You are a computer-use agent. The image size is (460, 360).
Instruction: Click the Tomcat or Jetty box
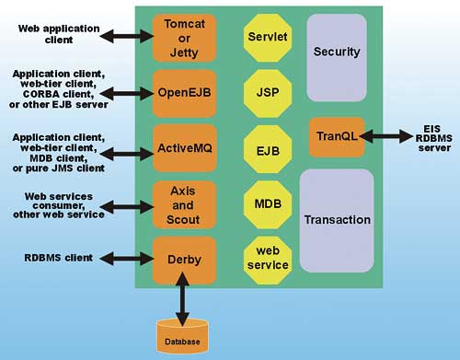183,37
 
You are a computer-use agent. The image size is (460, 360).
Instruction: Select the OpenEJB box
183,92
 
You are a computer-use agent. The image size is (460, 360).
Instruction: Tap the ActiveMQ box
183,146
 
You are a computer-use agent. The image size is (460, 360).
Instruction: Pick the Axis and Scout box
183,202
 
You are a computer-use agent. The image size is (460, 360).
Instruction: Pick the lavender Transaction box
336,219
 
